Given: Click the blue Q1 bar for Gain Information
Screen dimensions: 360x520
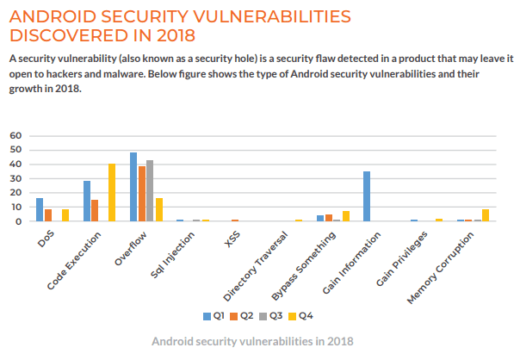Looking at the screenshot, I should point(367,196).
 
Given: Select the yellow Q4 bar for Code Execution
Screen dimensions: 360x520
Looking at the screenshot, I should point(112,192).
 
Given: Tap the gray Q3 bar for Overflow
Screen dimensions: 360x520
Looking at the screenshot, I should point(150,190).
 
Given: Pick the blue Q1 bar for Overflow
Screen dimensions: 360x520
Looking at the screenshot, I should point(133,187).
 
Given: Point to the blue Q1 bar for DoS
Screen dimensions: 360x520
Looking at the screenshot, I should point(40,209).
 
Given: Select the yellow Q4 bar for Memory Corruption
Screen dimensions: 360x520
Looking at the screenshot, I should point(486,215).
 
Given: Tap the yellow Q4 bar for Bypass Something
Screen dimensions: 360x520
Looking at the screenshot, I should point(345,216).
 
